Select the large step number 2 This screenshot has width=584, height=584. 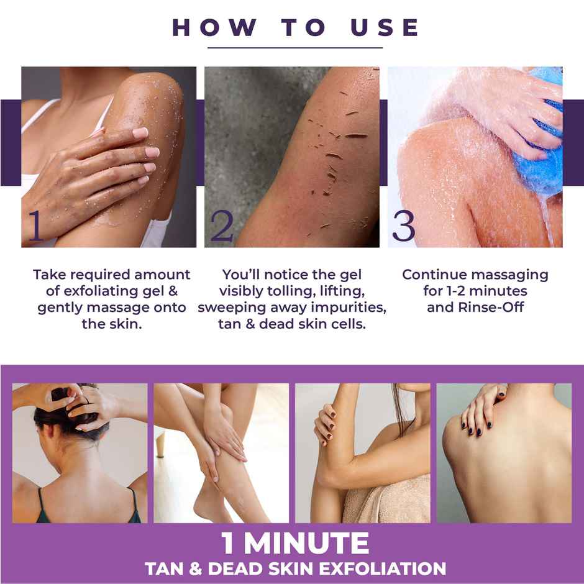221,226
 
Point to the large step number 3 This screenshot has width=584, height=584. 403,226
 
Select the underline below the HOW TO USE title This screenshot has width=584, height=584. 295,48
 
